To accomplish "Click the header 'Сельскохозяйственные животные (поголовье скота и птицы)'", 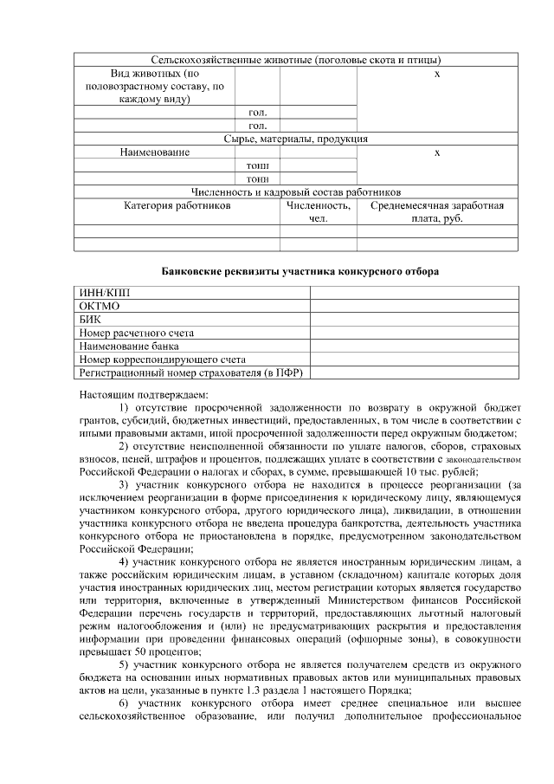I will [296, 60].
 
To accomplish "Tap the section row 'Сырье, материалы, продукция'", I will [296, 139].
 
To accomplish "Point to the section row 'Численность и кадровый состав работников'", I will [296, 192].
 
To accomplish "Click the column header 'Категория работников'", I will [177, 206].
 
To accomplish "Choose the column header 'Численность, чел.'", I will [318, 212].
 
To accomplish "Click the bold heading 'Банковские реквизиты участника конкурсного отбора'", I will [300, 271].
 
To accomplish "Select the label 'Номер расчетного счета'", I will [136, 333].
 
